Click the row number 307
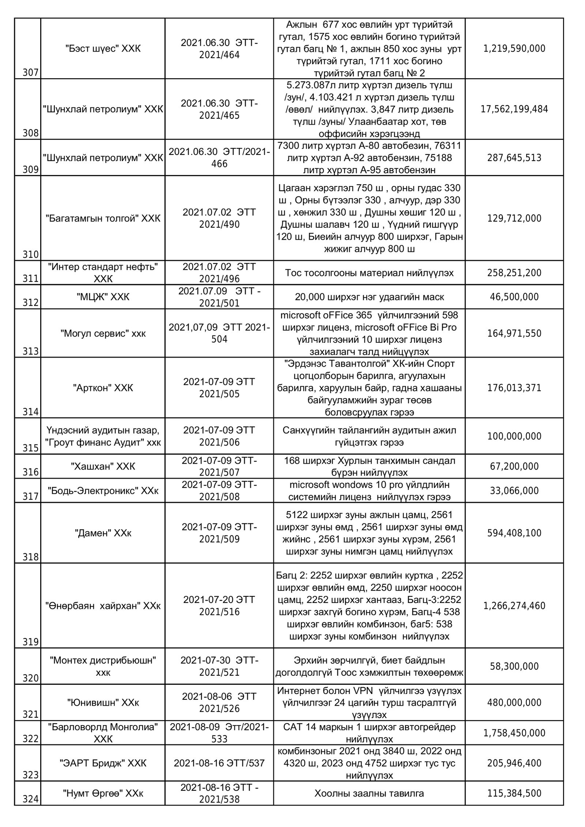pos(30,73)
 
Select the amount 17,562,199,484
pos(514,109)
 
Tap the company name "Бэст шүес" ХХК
pos(103,49)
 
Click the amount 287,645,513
pos(514,158)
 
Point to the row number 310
pos(30,254)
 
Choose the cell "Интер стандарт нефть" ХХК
pos(103,273)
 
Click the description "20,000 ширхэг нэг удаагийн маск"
pos(369,297)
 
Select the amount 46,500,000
pos(514,297)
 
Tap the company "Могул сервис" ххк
pos(103,333)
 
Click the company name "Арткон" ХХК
pos(103,388)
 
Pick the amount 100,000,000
pos(514,436)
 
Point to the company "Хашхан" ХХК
pos(103,466)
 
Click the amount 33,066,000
pos(514,490)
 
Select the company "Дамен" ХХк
pos(103,533)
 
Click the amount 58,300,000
pos(514,666)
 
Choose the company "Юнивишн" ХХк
pos(103,702)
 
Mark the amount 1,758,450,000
pos(514,733)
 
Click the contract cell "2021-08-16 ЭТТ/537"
pos(219,763)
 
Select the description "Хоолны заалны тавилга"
pos(369,793)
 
